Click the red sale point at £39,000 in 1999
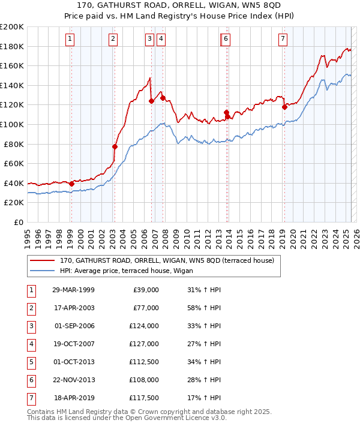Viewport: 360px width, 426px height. pyautogui.click(x=71, y=184)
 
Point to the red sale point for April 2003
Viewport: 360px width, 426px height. pyautogui.click(x=115, y=146)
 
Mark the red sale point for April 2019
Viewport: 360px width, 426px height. pyautogui.click(x=284, y=107)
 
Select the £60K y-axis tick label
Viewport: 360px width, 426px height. pyautogui.click(x=14, y=163)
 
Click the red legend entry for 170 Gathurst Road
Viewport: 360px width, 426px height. pyautogui.click(x=167, y=260)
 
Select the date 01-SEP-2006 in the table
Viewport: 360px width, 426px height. pyautogui.click(x=74, y=326)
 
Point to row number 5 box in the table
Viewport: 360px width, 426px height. pyautogui.click(x=31, y=362)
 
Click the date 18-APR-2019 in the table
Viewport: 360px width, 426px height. pyautogui.click(x=74, y=398)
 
